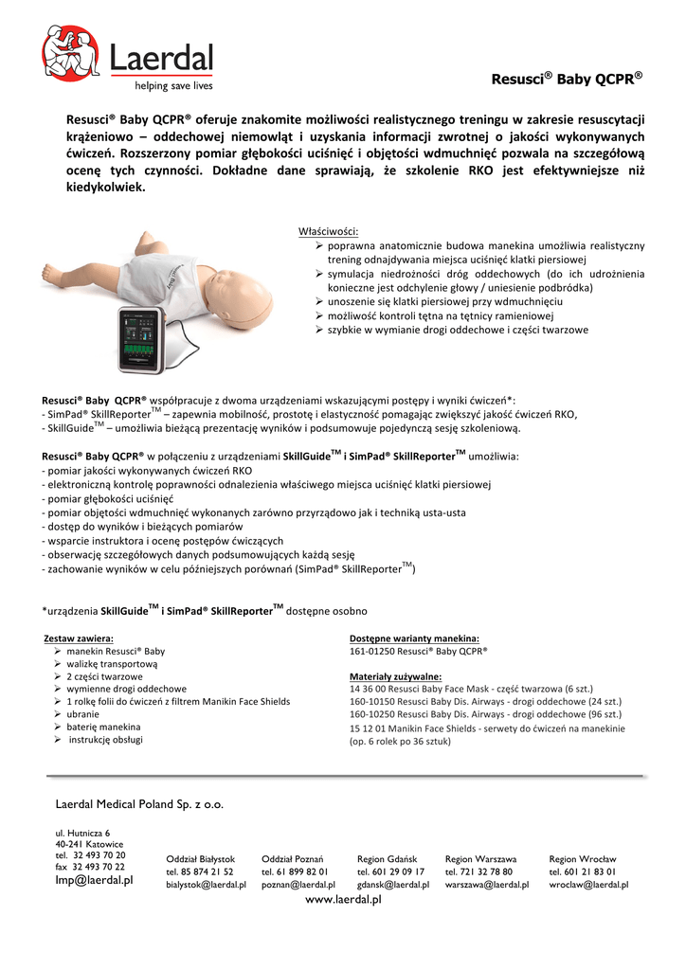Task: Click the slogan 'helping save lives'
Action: pos(173,85)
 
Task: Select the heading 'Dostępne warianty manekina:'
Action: pos(414,638)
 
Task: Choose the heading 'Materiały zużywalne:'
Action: pos(395,676)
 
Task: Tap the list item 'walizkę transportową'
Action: pos(112,664)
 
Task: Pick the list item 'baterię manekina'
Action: pos(103,726)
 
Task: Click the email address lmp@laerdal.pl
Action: pos(94,880)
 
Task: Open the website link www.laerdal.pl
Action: pos(342,900)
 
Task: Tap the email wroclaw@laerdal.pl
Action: pos(589,885)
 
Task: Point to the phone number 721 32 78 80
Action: pos(479,871)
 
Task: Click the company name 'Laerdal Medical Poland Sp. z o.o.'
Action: pos(140,804)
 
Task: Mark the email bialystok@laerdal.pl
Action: pos(206,885)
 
